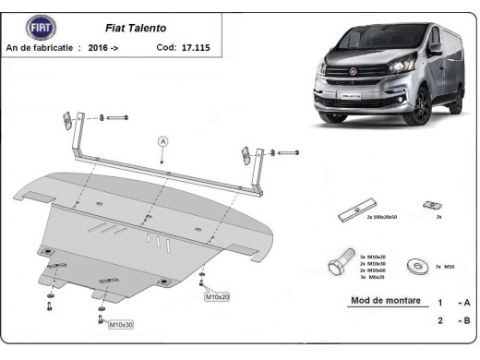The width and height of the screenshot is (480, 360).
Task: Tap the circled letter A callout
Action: coord(162,141)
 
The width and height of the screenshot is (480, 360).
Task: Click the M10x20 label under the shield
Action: coord(217,296)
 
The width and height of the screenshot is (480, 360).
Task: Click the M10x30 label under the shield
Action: coord(121,325)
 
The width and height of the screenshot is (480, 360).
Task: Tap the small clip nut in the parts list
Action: coord(427,205)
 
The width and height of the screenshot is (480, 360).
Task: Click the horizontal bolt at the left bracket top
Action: coord(117,118)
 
